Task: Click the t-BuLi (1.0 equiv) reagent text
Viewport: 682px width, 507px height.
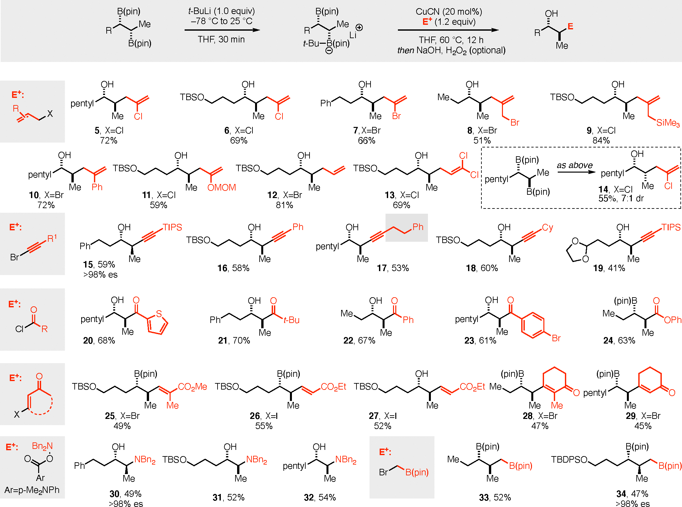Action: [221, 11]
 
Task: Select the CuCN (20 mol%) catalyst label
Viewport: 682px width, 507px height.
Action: [448, 12]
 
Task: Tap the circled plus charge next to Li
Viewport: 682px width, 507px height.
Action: [359, 27]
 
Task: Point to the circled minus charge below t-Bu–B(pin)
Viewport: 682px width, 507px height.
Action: [329, 51]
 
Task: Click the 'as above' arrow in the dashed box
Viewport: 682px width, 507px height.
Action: [576, 172]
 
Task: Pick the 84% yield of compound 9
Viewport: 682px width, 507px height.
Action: [601, 141]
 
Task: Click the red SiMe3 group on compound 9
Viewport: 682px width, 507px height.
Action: [668, 123]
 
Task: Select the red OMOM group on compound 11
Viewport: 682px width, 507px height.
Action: [221, 188]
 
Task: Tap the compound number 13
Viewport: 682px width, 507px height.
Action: [389, 195]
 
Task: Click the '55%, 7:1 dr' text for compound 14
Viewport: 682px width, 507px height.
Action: [621, 198]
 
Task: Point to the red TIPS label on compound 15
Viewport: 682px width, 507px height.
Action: [172, 227]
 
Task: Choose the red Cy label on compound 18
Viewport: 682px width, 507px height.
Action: [548, 227]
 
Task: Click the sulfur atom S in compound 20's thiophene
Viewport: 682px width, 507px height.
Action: [159, 314]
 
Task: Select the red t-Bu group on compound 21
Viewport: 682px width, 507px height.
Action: [292, 320]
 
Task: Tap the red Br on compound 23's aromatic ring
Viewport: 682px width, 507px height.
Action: [556, 338]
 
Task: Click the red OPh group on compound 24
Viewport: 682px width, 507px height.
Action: [673, 320]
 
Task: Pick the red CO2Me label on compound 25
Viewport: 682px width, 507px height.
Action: [192, 387]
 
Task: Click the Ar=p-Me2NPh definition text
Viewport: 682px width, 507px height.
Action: [32, 490]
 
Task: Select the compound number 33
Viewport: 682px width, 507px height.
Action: [484, 498]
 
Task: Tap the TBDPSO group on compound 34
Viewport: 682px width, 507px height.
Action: [569, 460]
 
